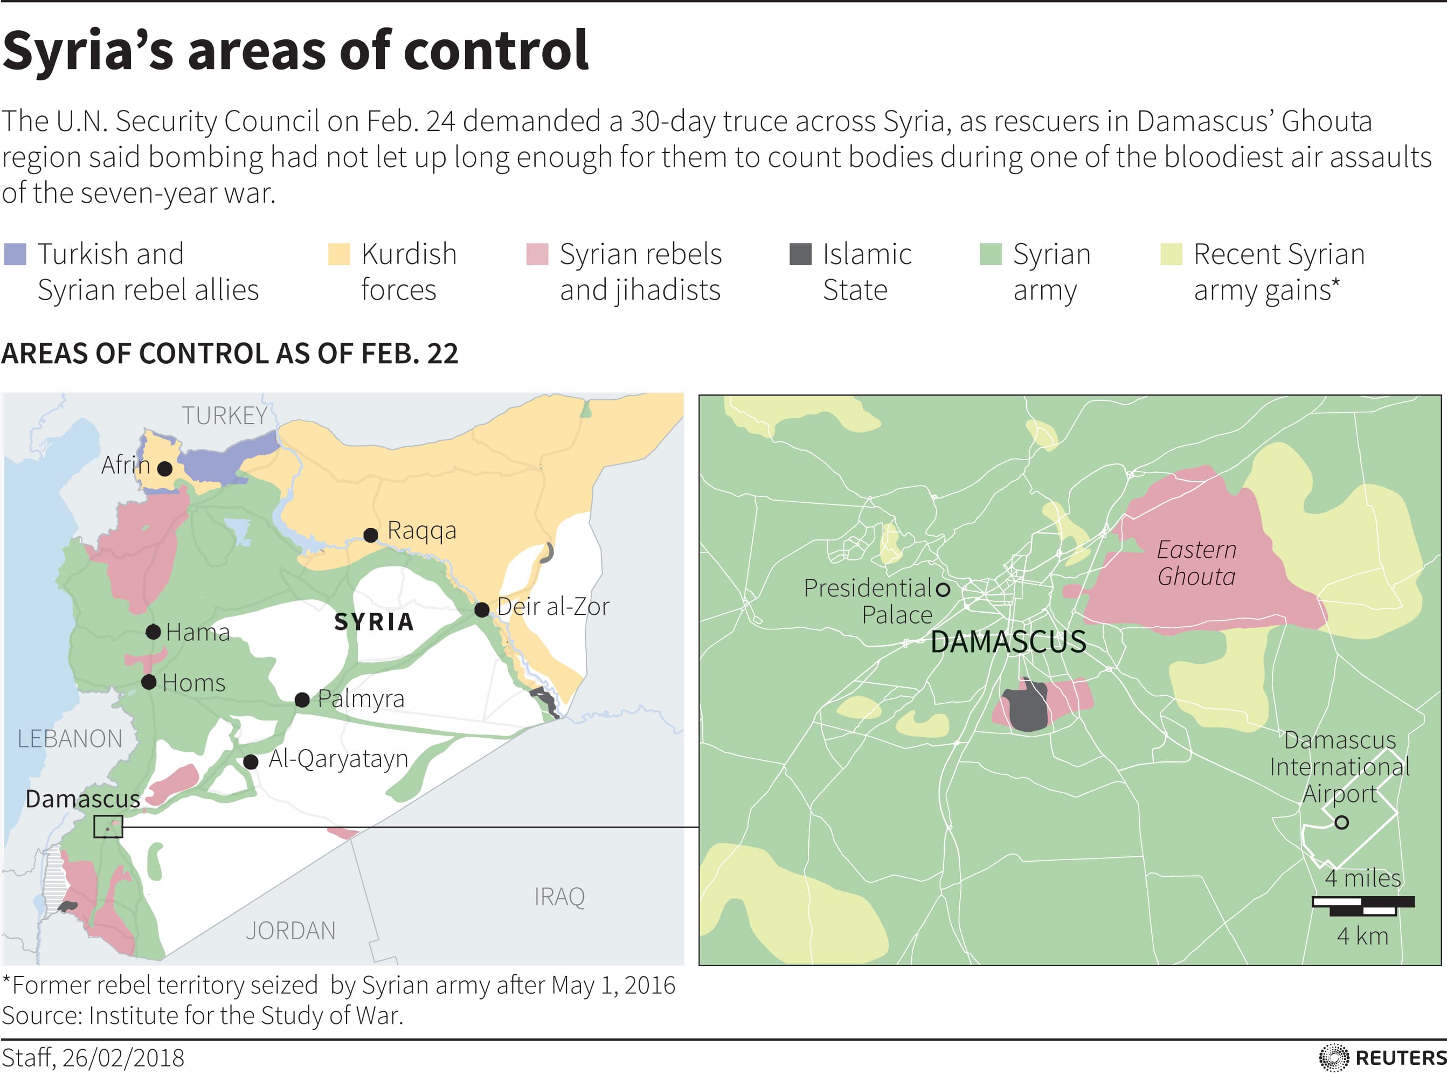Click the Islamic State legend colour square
click(800, 254)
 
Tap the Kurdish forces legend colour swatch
click(338, 254)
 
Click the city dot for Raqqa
click(371, 535)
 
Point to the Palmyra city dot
click(302, 699)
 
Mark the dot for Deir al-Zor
click(482, 610)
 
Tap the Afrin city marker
click(165, 468)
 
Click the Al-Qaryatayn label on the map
click(338, 759)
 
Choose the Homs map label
click(193, 683)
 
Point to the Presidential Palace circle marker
click(943, 589)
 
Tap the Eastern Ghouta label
click(1196, 563)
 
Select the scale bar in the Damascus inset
click(1362, 906)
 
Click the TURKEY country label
click(224, 415)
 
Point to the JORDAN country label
click(290, 930)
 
